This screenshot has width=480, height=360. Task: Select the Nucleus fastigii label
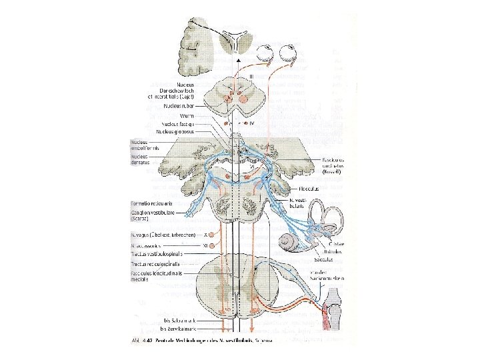(x=177, y=123)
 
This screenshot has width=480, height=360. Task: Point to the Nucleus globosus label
(x=176, y=131)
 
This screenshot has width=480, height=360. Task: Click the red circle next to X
(x=216, y=235)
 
